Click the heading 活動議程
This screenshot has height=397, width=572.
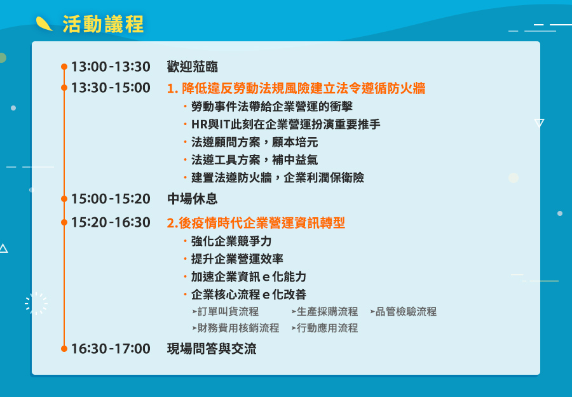click(103, 24)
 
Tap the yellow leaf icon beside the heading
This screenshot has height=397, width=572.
click(44, 24)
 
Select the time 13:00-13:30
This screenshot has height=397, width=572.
click(111, 67)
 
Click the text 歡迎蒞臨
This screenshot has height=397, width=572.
click(192, 67)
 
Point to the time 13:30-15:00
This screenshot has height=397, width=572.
click(111, 88)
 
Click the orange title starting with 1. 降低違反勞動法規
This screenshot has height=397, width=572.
click(296, 88)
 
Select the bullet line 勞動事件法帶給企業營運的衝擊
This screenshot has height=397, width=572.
click(272, 107)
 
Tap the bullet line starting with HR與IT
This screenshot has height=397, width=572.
click(285, 124)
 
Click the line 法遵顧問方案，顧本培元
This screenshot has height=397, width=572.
click(254, 142)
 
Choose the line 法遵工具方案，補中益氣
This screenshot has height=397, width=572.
click(254, 160)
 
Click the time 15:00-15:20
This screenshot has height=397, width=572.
click(111, 199)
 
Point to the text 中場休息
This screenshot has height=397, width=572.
click(192, 199)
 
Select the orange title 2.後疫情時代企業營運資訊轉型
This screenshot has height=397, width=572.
click(255, 223)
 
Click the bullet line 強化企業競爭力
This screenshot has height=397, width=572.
click(231, 241)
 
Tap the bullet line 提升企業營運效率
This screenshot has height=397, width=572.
click(237, 259)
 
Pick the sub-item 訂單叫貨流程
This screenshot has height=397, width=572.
click(228, 312)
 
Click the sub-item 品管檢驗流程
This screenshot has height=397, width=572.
click(405, 312)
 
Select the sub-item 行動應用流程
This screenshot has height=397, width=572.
click(327, 328)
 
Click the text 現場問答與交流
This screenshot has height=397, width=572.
click(212, 349)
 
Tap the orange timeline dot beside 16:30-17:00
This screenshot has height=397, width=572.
click(64, 349)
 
